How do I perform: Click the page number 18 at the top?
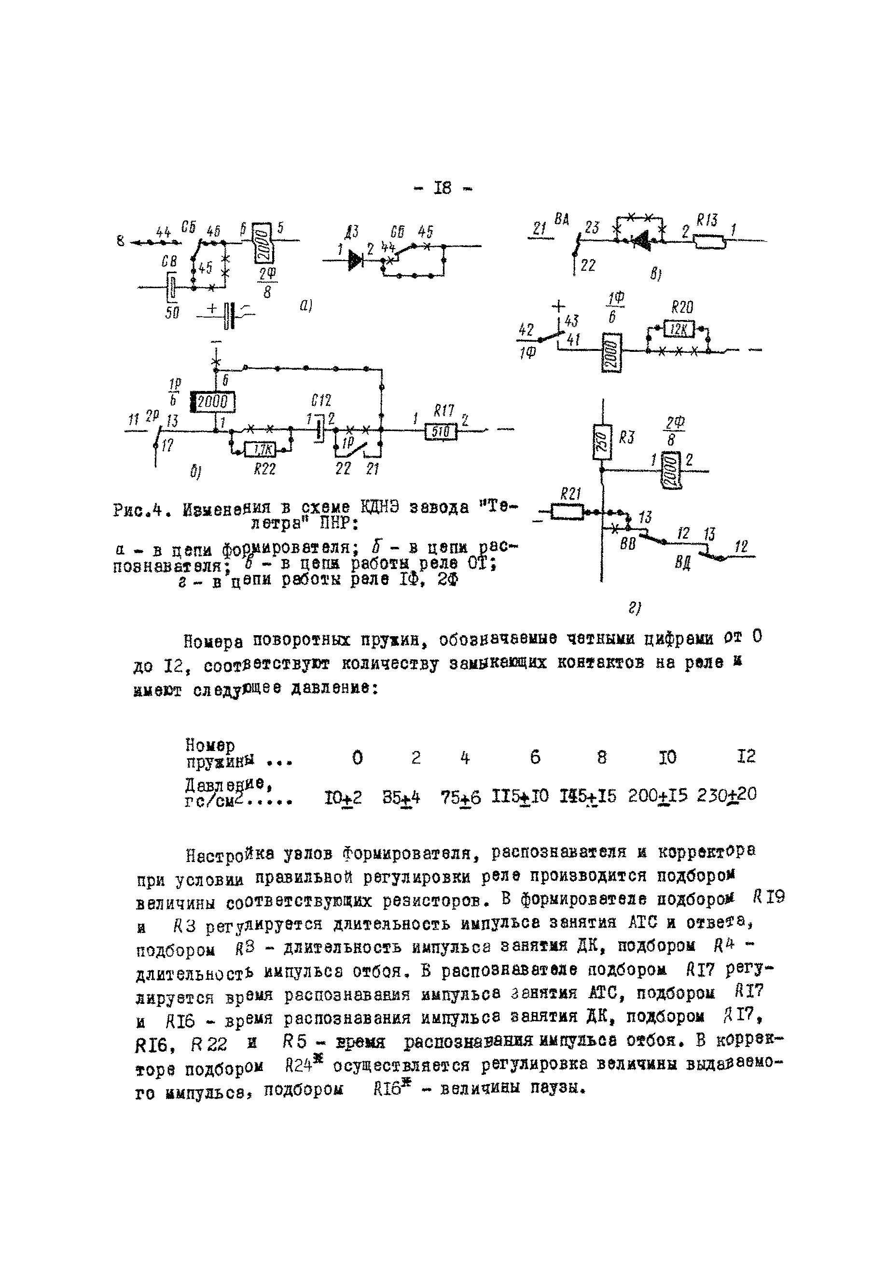pyautogui.click(x=442, y=188)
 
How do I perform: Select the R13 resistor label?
pyautogui.click(x=707, y=221)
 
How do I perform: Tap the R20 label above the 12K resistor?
pyautogui.click(x=682, y=307)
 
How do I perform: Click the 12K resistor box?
pyautogui.click(x=678, y=329)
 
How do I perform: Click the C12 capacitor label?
pyautogui.click(x=320, y=400)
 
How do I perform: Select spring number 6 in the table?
pyautogui.click(x=534, y=758)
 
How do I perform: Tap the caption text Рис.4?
pyautogui.click(x=139, y=510)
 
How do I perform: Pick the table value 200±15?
pyautogui.click(x=657, y=796)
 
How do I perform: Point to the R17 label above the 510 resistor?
pyautogui.click(x=444, y=411)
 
